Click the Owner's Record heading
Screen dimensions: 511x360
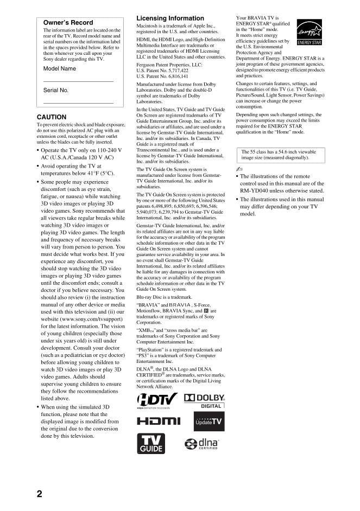pyautogui.click(x=68, y=23)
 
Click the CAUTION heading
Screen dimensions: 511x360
pyautogui.click(x=52, y=117)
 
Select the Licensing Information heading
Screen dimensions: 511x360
pyautogui.click(x=170, y=18)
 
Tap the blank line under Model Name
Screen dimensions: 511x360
pyautogui.click(x=78, y=81)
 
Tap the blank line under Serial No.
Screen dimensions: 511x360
pyautogui.click(x=78, y=103)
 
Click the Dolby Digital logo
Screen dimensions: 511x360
pyautogui.click(x=205, y=401)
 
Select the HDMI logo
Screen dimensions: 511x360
pyautogui.click(x=158, y=421)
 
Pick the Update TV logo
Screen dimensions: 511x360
pyautogui.click(x=209, y=421)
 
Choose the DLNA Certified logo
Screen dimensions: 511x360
pyautogui.click(x=201, y=444)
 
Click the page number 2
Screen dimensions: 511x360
pyautogui.click(x=39, y=494)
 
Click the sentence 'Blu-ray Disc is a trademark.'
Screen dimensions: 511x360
pyautogui.click(x=163, y=297)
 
